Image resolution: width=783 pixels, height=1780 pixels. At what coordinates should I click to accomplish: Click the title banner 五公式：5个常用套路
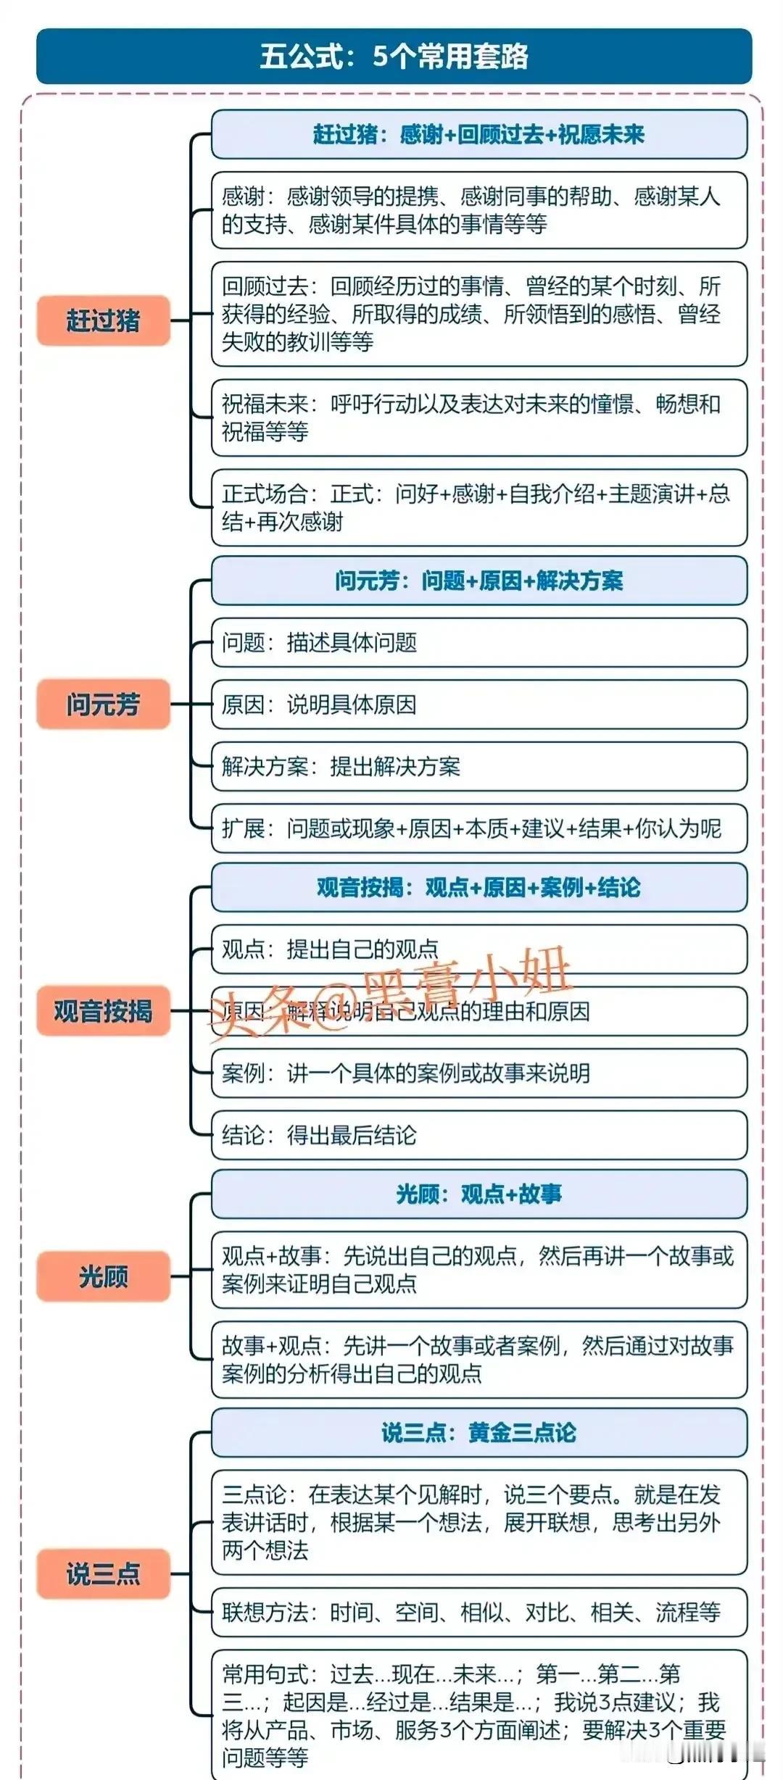click(x=394, y=57)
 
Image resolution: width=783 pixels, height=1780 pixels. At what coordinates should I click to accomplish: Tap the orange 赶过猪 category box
click(x=103, y=320)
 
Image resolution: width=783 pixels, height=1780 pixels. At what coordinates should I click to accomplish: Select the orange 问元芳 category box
click(x=103, y=704)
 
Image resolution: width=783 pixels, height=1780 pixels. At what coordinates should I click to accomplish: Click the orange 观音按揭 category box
click(x=103, y=1010)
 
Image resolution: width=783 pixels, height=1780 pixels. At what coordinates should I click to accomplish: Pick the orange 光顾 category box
click(x=103, y=1276)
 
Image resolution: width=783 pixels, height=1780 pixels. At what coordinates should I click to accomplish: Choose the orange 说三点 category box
click(x=103, y=1573)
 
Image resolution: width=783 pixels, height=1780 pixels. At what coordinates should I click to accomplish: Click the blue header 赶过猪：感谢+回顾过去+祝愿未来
click(x=479, y=134)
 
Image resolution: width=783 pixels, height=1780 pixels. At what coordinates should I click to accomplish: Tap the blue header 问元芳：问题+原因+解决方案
click(x=479, y=581)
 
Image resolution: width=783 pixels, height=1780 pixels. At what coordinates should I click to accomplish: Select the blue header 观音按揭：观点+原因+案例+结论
click(x=479, y=887)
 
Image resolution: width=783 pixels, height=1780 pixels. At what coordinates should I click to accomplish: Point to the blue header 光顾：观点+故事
click(x=479, y=1194)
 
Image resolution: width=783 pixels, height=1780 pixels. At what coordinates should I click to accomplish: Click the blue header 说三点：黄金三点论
click(x=479, y=1433)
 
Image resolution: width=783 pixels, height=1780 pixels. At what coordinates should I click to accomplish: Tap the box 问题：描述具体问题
click(x=479, y=642)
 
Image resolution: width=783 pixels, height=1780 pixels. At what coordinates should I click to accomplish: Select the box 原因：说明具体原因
click(x=479, y=704)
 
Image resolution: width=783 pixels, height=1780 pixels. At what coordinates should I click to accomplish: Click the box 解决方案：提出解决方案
click(x=479, y=766)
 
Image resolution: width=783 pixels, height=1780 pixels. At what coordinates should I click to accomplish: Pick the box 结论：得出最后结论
click(x=479, y=1135)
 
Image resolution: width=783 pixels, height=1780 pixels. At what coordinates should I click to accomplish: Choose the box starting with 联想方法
click(x=479, y=1613)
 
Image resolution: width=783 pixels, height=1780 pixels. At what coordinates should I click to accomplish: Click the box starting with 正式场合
click(x=479, y=507)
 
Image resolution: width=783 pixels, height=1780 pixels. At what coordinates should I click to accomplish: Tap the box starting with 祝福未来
click(x=479, y=417)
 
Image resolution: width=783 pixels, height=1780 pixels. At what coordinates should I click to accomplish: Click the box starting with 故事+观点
click(x=479, y=1360)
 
